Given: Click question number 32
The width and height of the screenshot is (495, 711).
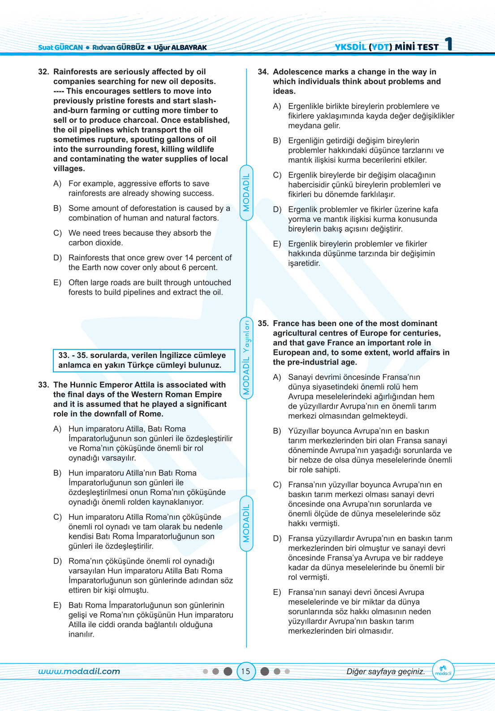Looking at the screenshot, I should point(43,72).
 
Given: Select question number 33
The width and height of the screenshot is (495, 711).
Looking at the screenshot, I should point(43,385).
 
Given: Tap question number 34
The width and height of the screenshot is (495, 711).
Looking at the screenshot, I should point(263,72).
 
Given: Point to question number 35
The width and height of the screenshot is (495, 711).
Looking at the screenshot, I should point(263,323).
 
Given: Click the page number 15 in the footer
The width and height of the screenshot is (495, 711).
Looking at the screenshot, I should point(245,671).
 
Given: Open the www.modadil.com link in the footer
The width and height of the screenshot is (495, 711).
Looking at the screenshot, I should point(79,671).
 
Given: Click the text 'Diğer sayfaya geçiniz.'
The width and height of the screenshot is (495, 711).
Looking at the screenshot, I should point(386,671).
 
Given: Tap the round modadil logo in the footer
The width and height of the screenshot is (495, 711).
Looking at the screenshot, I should point(443,671).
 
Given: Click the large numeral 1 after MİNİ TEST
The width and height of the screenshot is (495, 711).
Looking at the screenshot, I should point(448,44).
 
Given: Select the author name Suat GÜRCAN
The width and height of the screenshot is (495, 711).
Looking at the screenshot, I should point(60,47).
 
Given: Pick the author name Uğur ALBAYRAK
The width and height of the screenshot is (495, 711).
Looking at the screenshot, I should point(180,47).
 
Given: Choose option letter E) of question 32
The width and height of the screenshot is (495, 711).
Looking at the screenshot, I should point(57,283).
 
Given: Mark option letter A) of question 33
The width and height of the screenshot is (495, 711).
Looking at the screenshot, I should point(57,429).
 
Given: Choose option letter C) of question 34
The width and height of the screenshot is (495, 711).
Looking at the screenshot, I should point(277,175).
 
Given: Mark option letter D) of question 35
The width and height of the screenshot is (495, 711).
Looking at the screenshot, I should point(277,539).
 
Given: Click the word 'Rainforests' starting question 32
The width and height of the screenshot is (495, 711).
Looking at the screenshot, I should point(75,72).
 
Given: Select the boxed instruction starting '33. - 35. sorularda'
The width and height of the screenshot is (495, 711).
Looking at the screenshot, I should point(144,360).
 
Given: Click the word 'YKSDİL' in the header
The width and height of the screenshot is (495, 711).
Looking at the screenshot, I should point(350,47).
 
